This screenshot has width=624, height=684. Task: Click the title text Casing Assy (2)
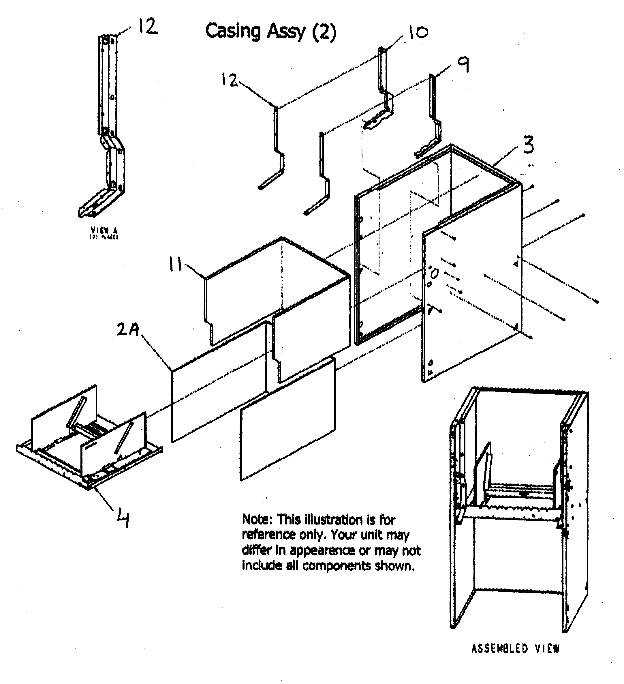click(271, 31)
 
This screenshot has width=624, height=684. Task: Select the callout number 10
click(418, 33)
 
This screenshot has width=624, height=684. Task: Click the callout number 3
click(528, 145)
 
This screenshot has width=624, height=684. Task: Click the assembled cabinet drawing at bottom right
click(519, 509)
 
